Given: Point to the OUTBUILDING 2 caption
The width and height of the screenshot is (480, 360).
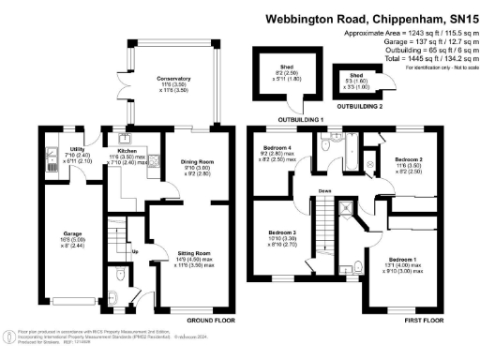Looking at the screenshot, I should (360, 106).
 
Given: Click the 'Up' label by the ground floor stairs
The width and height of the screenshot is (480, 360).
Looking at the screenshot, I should (135, 251).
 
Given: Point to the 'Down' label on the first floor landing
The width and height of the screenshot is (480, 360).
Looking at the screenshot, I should (325, 190).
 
